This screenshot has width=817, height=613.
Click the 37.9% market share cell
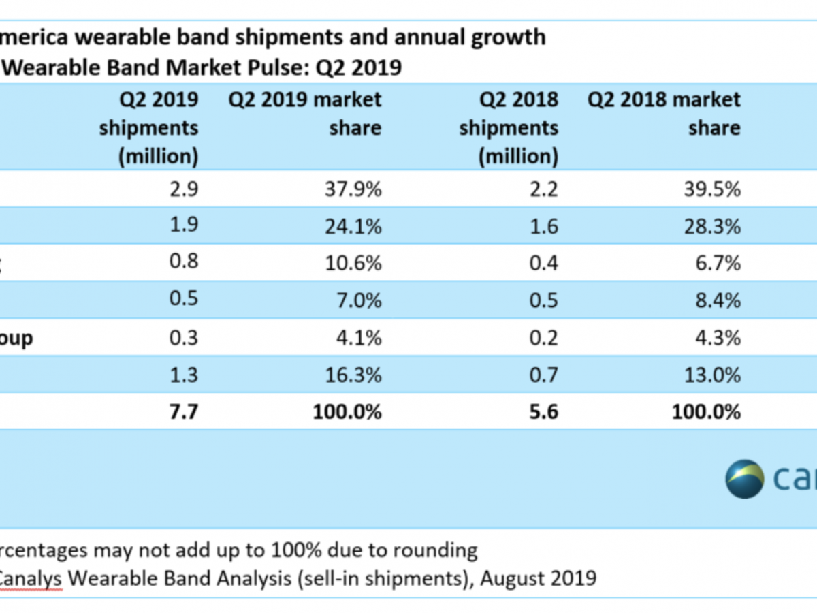click(352, 189)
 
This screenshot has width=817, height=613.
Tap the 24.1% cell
click(352, 225)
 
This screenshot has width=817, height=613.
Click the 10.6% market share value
click(352, 262)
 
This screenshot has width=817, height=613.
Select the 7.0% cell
click(357, 300)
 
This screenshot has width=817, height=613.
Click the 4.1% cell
click(357, 337)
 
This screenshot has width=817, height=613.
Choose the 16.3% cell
click(352, 374)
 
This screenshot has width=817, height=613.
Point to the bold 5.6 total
click(543, 411)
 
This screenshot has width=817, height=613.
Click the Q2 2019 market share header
click(305, 114)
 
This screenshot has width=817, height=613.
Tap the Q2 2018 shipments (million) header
click(509, 128)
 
